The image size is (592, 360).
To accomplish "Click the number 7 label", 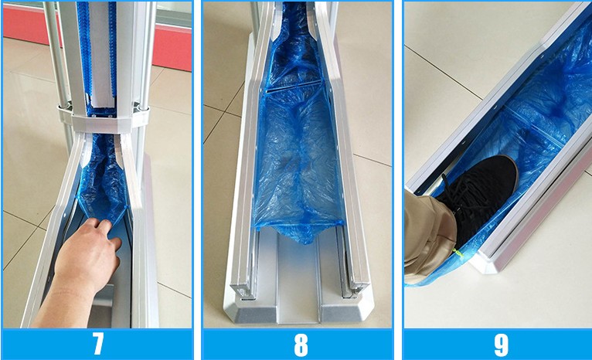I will (97, 344).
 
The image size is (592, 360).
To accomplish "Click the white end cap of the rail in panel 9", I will (495, 263).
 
